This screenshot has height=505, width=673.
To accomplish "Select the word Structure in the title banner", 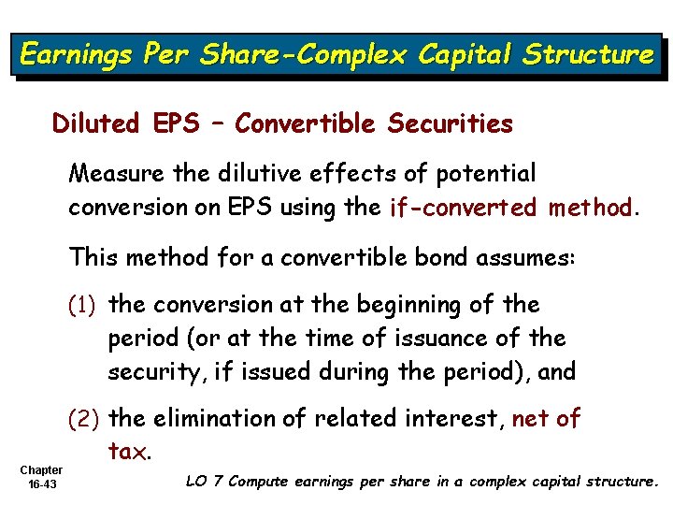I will [x=588, y=55].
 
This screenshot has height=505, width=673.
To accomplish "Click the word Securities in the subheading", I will [x=452, y=123].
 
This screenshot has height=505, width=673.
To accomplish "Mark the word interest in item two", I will [x=447, y=419].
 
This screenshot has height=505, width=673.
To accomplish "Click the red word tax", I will [x=127, y=453].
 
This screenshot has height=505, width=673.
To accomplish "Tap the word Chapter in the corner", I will [x=41, y=470].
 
